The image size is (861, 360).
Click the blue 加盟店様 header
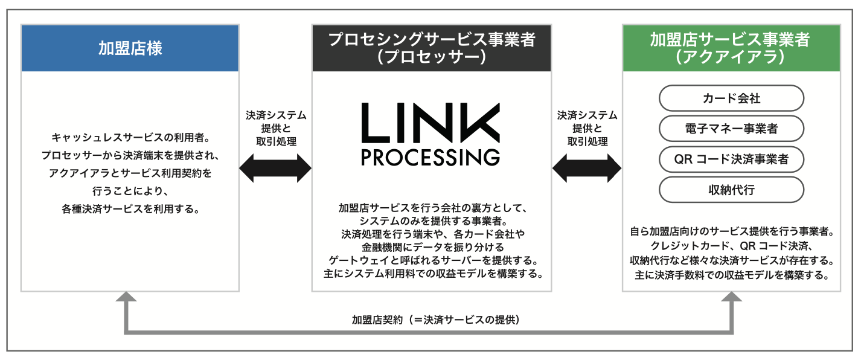tap(130, 48)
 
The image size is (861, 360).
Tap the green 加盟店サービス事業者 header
tap(731, 48)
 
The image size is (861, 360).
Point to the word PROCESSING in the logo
tap(431, 156)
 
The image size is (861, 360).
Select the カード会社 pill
tap(731, 98)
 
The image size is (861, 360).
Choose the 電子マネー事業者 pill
tap(731, 128)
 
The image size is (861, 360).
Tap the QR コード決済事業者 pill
tap(731, 159)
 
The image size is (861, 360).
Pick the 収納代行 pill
tap(731, 190)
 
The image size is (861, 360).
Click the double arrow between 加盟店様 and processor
tap(275, 167)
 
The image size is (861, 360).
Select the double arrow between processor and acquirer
tap(587, 167)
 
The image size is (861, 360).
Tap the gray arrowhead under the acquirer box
tap(733, 297)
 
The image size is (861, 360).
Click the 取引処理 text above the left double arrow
tap(276, 141)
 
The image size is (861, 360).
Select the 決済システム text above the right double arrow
tap(587, 115)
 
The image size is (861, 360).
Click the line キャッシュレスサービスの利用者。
tap(130, 137)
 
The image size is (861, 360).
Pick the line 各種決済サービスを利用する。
tap(130, 209)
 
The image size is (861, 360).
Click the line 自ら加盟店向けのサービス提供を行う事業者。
tap(731, 231)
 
